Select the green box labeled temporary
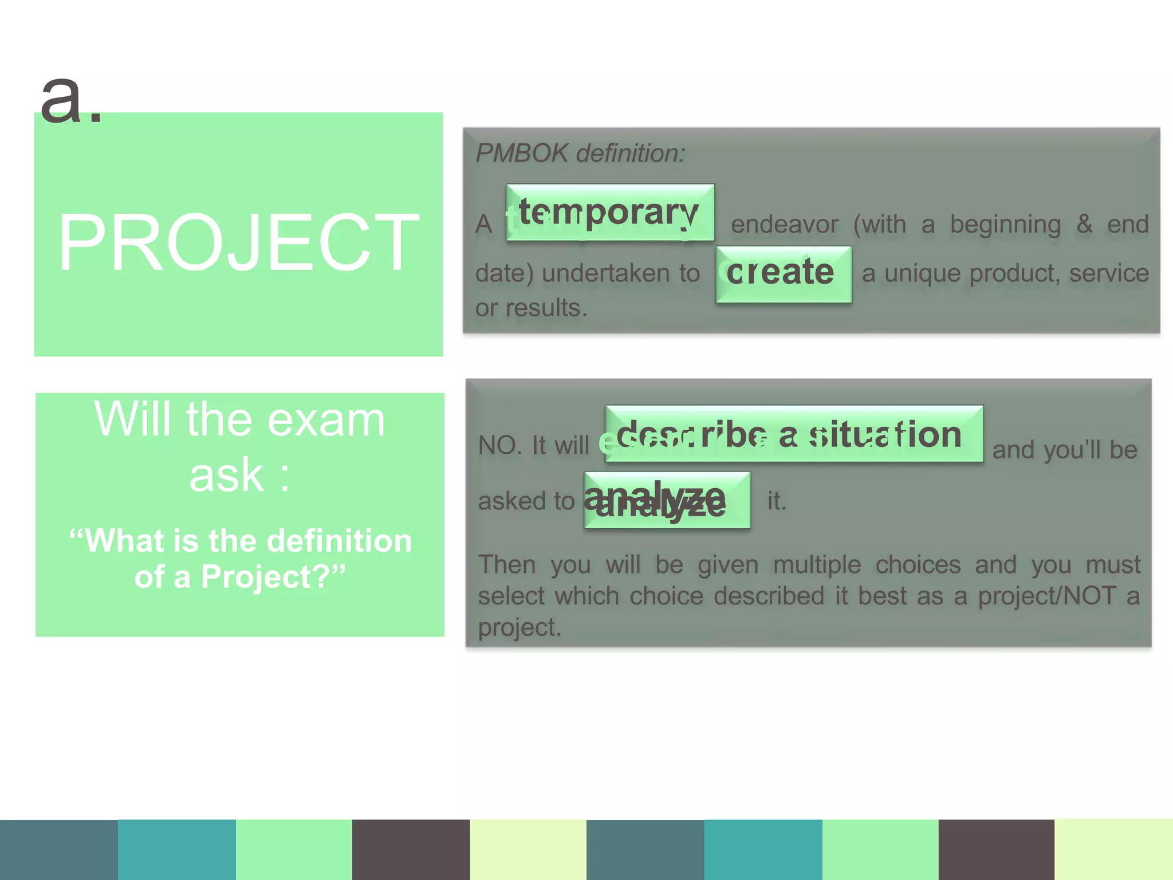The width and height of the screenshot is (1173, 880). (609, 213)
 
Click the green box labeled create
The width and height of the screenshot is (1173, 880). (783, 274)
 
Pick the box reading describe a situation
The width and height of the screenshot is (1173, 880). (793, 434)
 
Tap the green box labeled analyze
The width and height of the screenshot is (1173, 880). (667, 500)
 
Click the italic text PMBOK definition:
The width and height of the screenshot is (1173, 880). (580, 154)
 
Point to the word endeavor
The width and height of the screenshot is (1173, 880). (784, 225)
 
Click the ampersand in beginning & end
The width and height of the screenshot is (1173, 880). (1084, 223)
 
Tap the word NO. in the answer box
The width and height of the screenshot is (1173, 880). (499, 445)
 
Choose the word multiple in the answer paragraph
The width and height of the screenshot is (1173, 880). (817, 565)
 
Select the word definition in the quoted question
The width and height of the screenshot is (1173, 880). (340, 541)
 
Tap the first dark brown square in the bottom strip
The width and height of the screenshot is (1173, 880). (411, 850)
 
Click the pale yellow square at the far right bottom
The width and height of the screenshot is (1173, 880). (1113, 850)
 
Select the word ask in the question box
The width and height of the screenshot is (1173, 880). (226, 476)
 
